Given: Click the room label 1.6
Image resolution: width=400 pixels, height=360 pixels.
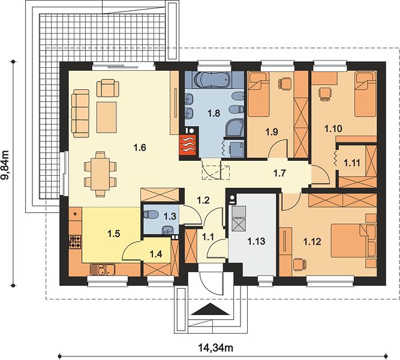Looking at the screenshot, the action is pos(140,148).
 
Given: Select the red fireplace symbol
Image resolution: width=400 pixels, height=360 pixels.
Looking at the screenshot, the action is pos(188,145).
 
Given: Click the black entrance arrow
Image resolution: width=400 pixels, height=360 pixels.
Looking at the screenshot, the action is pos(210,309).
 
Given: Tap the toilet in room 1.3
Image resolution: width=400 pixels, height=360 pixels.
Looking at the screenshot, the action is pos(149,214).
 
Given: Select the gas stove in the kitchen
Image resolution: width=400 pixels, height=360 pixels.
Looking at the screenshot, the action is pos(76,242).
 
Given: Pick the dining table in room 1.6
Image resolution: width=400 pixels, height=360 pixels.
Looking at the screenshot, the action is pos(100,174).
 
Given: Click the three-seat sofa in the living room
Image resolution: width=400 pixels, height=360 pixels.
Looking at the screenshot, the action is pos(80,113).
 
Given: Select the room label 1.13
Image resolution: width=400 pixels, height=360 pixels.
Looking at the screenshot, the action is pos(257,241).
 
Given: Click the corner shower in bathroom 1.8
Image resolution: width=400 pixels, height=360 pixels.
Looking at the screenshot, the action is pos(234,128).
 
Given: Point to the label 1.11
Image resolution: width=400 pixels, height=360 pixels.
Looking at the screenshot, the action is pos(352,163).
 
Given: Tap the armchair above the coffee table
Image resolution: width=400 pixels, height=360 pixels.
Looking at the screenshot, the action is pos(108,88).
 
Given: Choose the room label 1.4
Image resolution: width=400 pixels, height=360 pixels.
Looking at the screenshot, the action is pos(156,254).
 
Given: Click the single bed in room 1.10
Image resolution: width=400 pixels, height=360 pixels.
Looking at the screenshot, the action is pos(366,94).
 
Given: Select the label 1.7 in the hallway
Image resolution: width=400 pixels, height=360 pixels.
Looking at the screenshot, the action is pos(279,173).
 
